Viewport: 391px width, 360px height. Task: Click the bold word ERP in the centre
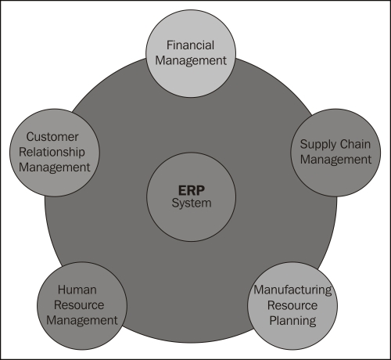point(192,190)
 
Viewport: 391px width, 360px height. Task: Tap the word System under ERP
point(192,203)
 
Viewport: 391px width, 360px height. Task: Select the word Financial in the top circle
point(190,45)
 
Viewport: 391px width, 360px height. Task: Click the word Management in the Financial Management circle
point(191,60)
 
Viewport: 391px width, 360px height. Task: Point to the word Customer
point(52,137)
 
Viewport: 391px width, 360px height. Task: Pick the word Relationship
point(52,152)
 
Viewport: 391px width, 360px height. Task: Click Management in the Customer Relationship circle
point(55,167)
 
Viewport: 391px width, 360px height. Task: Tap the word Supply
point(317,145)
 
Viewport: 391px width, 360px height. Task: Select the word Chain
point(355,144)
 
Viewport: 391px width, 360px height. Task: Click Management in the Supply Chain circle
point(335,160)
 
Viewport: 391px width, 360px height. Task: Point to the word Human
point(77,290)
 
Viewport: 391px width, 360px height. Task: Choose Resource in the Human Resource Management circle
point(79,305)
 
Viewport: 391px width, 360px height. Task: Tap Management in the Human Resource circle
point(82,321)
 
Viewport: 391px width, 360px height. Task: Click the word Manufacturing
point(292,290)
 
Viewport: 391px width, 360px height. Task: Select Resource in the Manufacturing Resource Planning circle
point(292,305)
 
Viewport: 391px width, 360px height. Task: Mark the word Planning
point(292,321)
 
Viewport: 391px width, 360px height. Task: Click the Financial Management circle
point(191,53)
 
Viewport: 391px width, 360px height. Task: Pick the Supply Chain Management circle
point(335,153)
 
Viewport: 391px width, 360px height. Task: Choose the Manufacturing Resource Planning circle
point(292,306)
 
